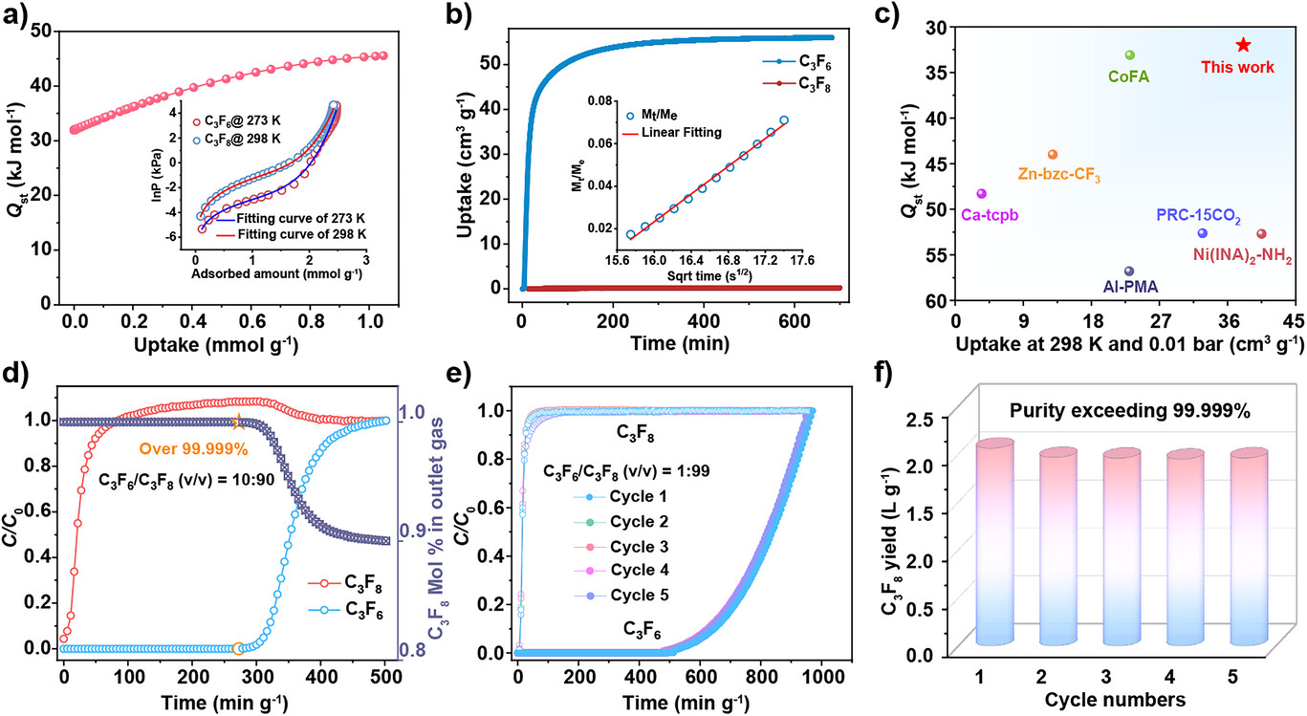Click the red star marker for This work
pyautogui.click(x=1243, y=45)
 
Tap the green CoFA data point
pyautogui.click(x=1129, y=55)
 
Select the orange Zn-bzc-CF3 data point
pyautogui.click(x=1053, y=154)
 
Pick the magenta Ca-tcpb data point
pyautogui.click(x=981, y=193)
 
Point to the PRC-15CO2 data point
pyautogui.click(x=1203, y=233)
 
